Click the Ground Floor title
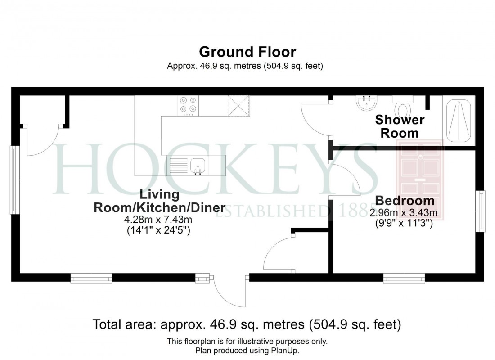247,52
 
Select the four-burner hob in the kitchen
188,104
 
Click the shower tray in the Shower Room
458,120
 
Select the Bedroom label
405,201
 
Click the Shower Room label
400,126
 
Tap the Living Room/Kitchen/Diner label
159,201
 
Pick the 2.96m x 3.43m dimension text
404,212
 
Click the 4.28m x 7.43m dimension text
159,220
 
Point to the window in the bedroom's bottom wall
404,279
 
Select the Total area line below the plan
247,324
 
